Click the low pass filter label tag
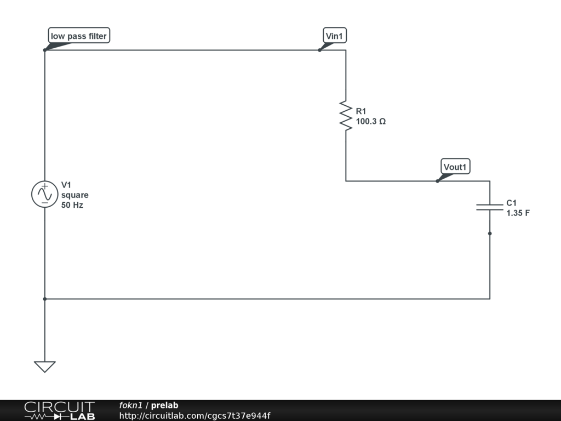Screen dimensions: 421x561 [x=79, y=36]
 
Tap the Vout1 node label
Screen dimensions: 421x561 [x=456, y=167]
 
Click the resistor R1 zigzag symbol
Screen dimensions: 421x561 [x=346, y=116]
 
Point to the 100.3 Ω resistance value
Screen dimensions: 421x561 [x=371, y=122]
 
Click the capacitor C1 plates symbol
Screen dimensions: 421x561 [x=490, y=207]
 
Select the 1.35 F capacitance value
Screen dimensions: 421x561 [x=518, y=213]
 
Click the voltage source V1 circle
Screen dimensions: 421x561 [x=44, y=195]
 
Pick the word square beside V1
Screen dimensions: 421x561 [x=75, y=195]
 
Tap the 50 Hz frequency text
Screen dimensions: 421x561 [x=72, y=206]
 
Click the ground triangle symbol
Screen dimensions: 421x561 [x=44, y=366]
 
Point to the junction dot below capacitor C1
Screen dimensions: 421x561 [x=490, y=234]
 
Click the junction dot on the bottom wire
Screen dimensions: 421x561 [x=44, y=299]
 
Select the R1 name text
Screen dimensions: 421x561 [x=361, y=111]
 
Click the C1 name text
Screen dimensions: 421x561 [x=512, y=202]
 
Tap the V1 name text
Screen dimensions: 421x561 [x=66, y=185]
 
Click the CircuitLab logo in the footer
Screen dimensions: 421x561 [x=59, y=411]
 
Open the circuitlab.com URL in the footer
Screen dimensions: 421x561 [x=194, y=416]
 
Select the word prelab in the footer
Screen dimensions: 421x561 [x=164, y=406]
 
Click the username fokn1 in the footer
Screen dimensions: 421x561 [x=130, y=406]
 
